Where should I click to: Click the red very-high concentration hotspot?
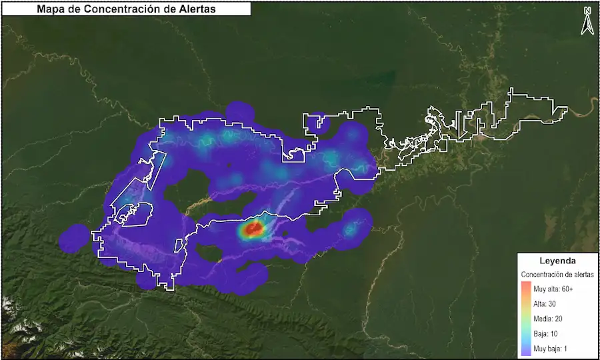click(253, 230)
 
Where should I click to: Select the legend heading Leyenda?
click(558, 261)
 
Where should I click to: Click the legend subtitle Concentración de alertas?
click(557, 274)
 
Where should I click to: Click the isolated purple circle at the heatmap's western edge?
click(75, 238)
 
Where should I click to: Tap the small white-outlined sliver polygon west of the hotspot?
click(178, 244)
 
